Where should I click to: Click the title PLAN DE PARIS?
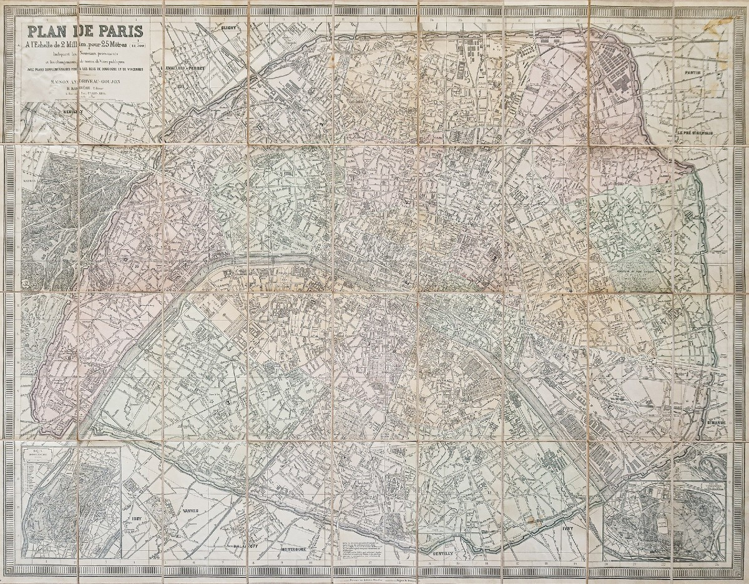pyautogui.click(x=83, y=31)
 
